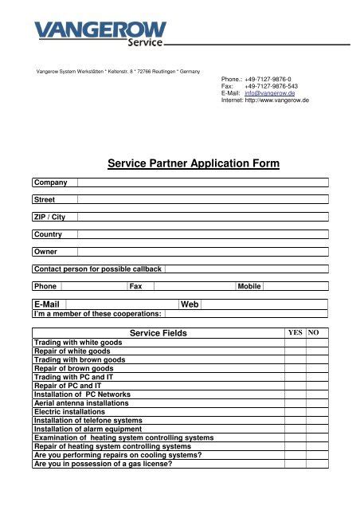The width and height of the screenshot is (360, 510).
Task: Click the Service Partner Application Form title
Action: (194, 164)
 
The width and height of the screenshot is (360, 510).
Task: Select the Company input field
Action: (202, 182)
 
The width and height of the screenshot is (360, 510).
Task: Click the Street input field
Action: (202, 199)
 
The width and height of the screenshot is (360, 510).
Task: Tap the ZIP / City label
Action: (49, 217)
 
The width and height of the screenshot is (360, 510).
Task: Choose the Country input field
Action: (202, 234)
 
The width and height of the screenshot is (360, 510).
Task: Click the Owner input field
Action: (202, 251)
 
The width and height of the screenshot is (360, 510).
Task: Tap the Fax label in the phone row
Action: (135, 285)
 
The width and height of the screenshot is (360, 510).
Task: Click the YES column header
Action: (295, 332)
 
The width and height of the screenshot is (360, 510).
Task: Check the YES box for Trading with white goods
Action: (295, 343)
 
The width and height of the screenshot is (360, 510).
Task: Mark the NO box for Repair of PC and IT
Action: (317, 386)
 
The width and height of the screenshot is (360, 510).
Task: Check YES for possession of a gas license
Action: (295, 464)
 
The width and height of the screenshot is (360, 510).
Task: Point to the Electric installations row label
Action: (69, 412)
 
